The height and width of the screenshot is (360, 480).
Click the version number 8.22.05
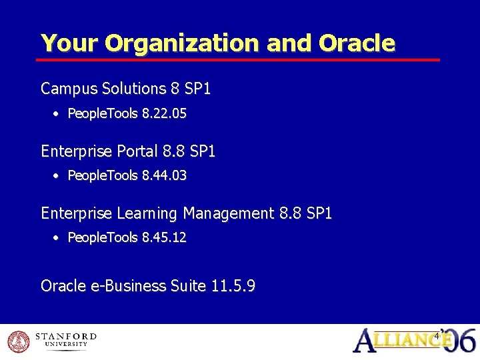[164, 114]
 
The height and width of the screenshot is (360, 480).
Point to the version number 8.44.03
[164, 176]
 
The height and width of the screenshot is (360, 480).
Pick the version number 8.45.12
[164, 237]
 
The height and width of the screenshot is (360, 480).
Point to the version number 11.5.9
[233, 286]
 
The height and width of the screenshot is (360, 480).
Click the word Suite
[188, 286]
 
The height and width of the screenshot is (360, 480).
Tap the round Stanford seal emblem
[18, 341]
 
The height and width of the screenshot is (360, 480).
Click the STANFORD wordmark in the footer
[65, 337]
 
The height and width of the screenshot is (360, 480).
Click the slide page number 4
[437, 335]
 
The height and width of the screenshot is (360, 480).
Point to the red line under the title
[240, 60]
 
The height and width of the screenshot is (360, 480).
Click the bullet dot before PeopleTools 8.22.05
[57, 115]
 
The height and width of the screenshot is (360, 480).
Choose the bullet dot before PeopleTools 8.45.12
[57, 238]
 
